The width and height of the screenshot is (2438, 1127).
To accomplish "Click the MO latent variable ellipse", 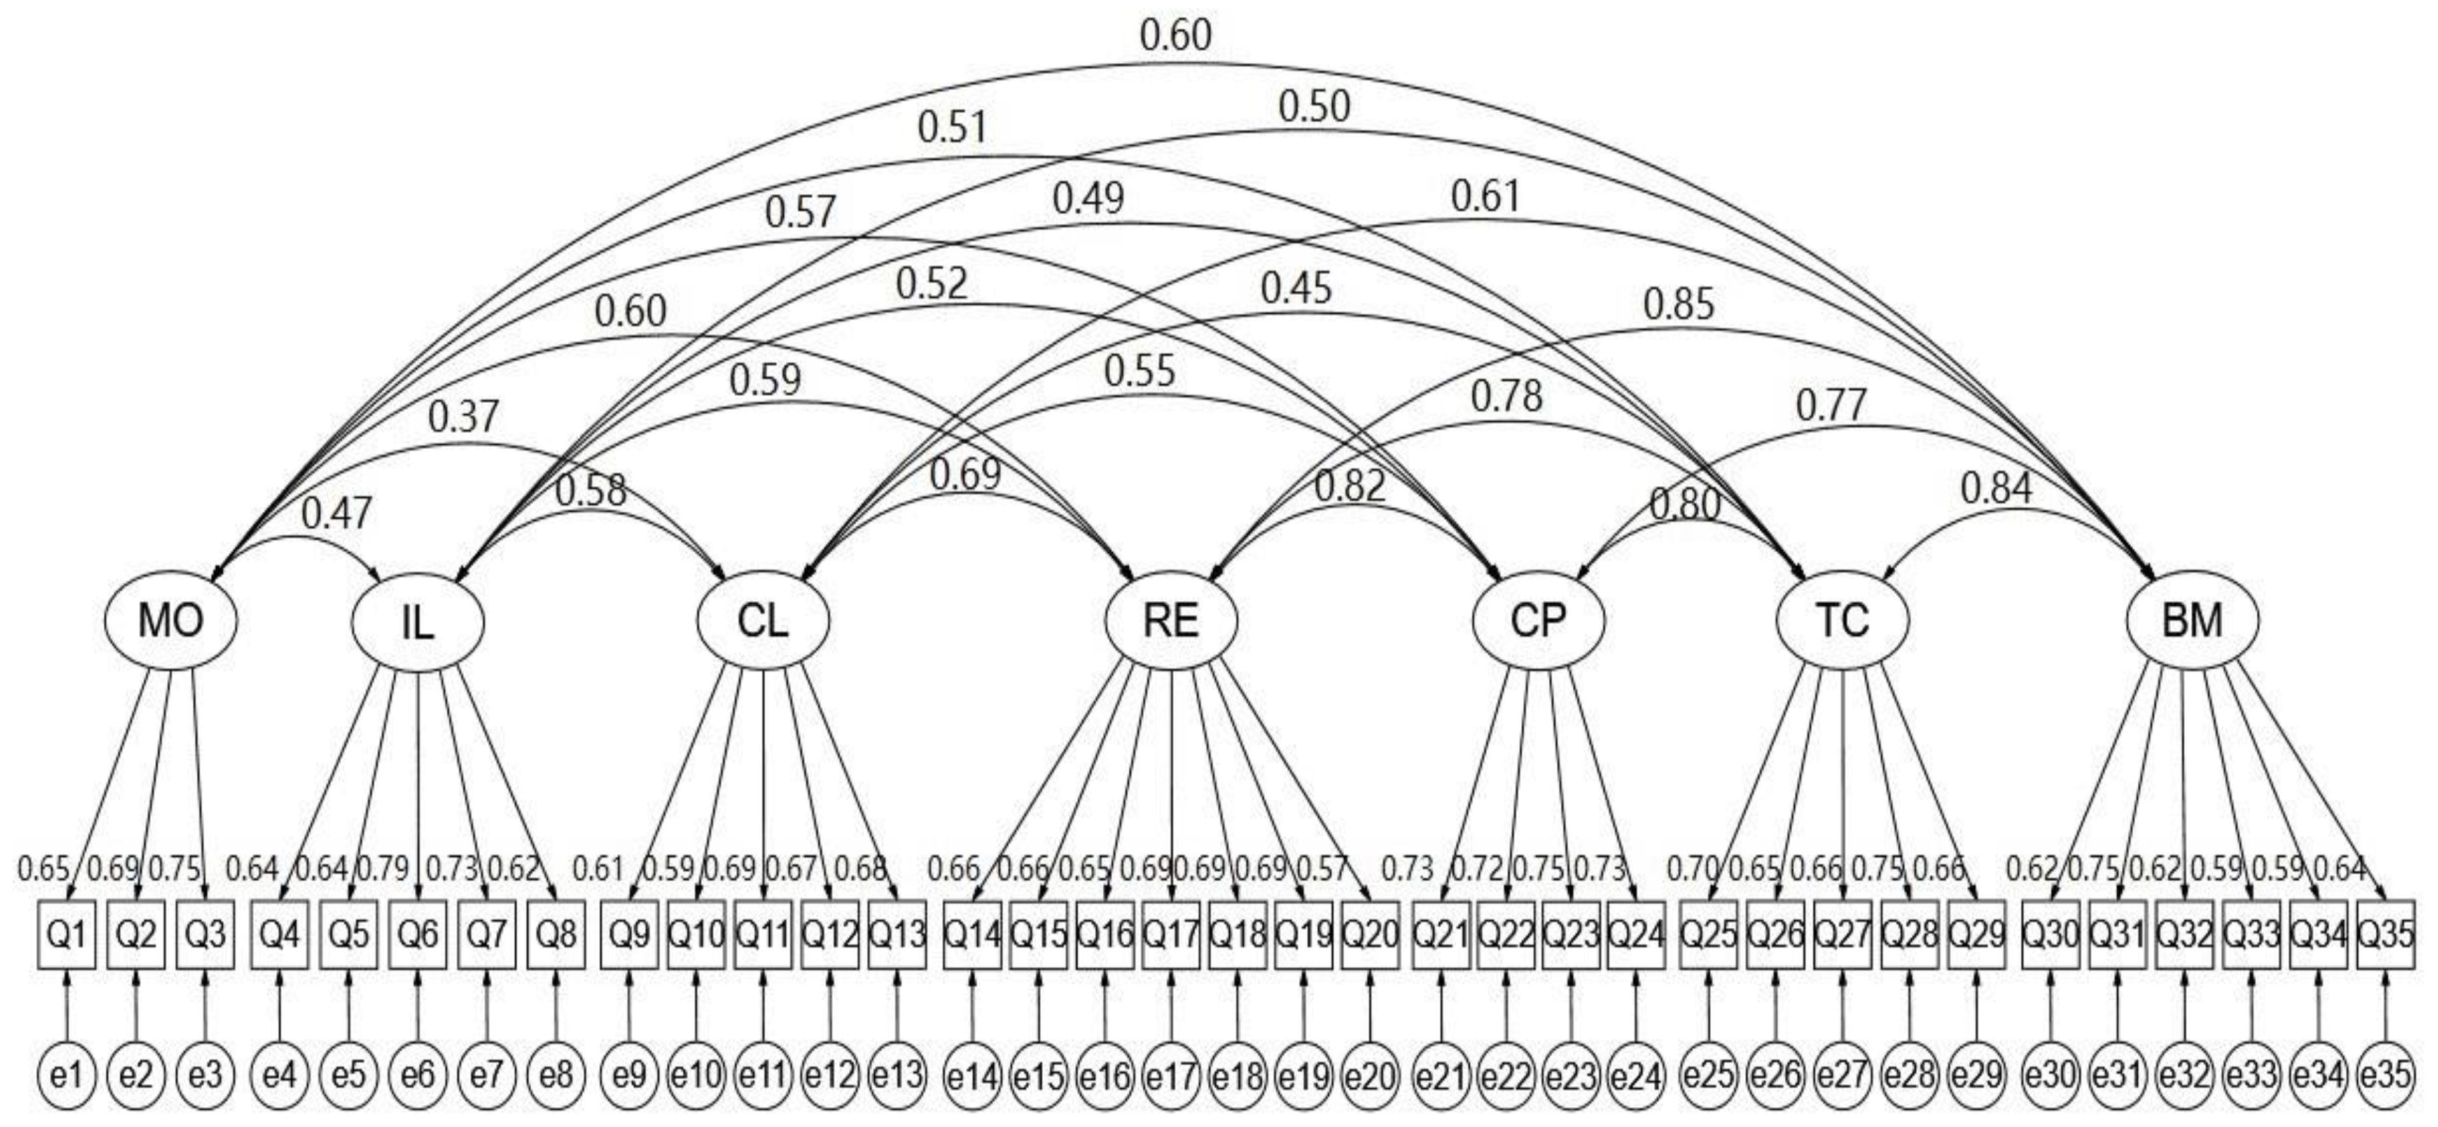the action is tap(171, 620).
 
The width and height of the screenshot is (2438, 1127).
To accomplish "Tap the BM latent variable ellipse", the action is tap(2192, 620).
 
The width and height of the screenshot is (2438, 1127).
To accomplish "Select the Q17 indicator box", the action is tap(1171, 935).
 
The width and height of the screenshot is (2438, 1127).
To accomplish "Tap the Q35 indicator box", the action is tap(2385, 935).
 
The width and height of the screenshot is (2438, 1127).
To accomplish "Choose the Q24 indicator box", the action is tap(1636, 935).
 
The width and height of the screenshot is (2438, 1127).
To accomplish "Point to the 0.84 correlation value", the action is tap(1996, 488).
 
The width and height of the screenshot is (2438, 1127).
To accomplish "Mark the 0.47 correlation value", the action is tap(337, 513).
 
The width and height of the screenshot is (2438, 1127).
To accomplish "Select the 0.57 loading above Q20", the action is tap(1320, 868).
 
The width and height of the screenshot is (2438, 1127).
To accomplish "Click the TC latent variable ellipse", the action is tap(1842, 620).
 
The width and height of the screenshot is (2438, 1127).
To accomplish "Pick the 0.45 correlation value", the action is tap(1295, 288).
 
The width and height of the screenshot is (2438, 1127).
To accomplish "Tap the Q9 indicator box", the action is tap(629, 935).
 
